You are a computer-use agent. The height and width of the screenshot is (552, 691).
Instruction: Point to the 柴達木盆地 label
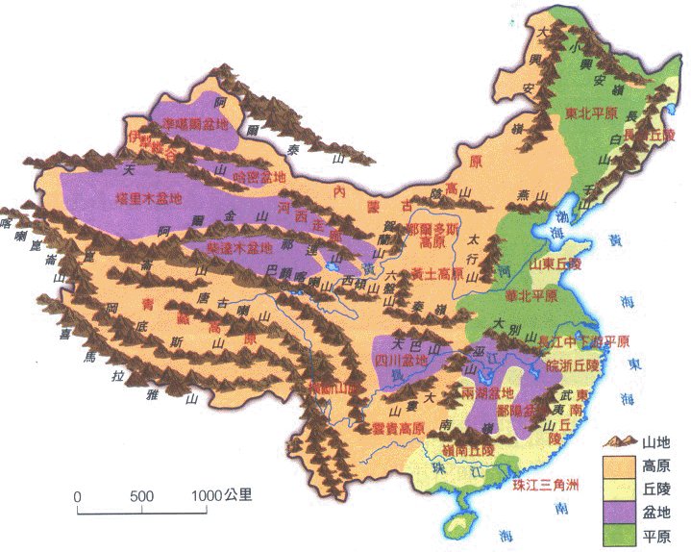click(239, 248)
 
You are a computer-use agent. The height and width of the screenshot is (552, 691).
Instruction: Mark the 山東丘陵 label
click(556, 263)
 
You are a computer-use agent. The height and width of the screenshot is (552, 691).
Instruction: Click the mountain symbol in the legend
click(620, 441)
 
